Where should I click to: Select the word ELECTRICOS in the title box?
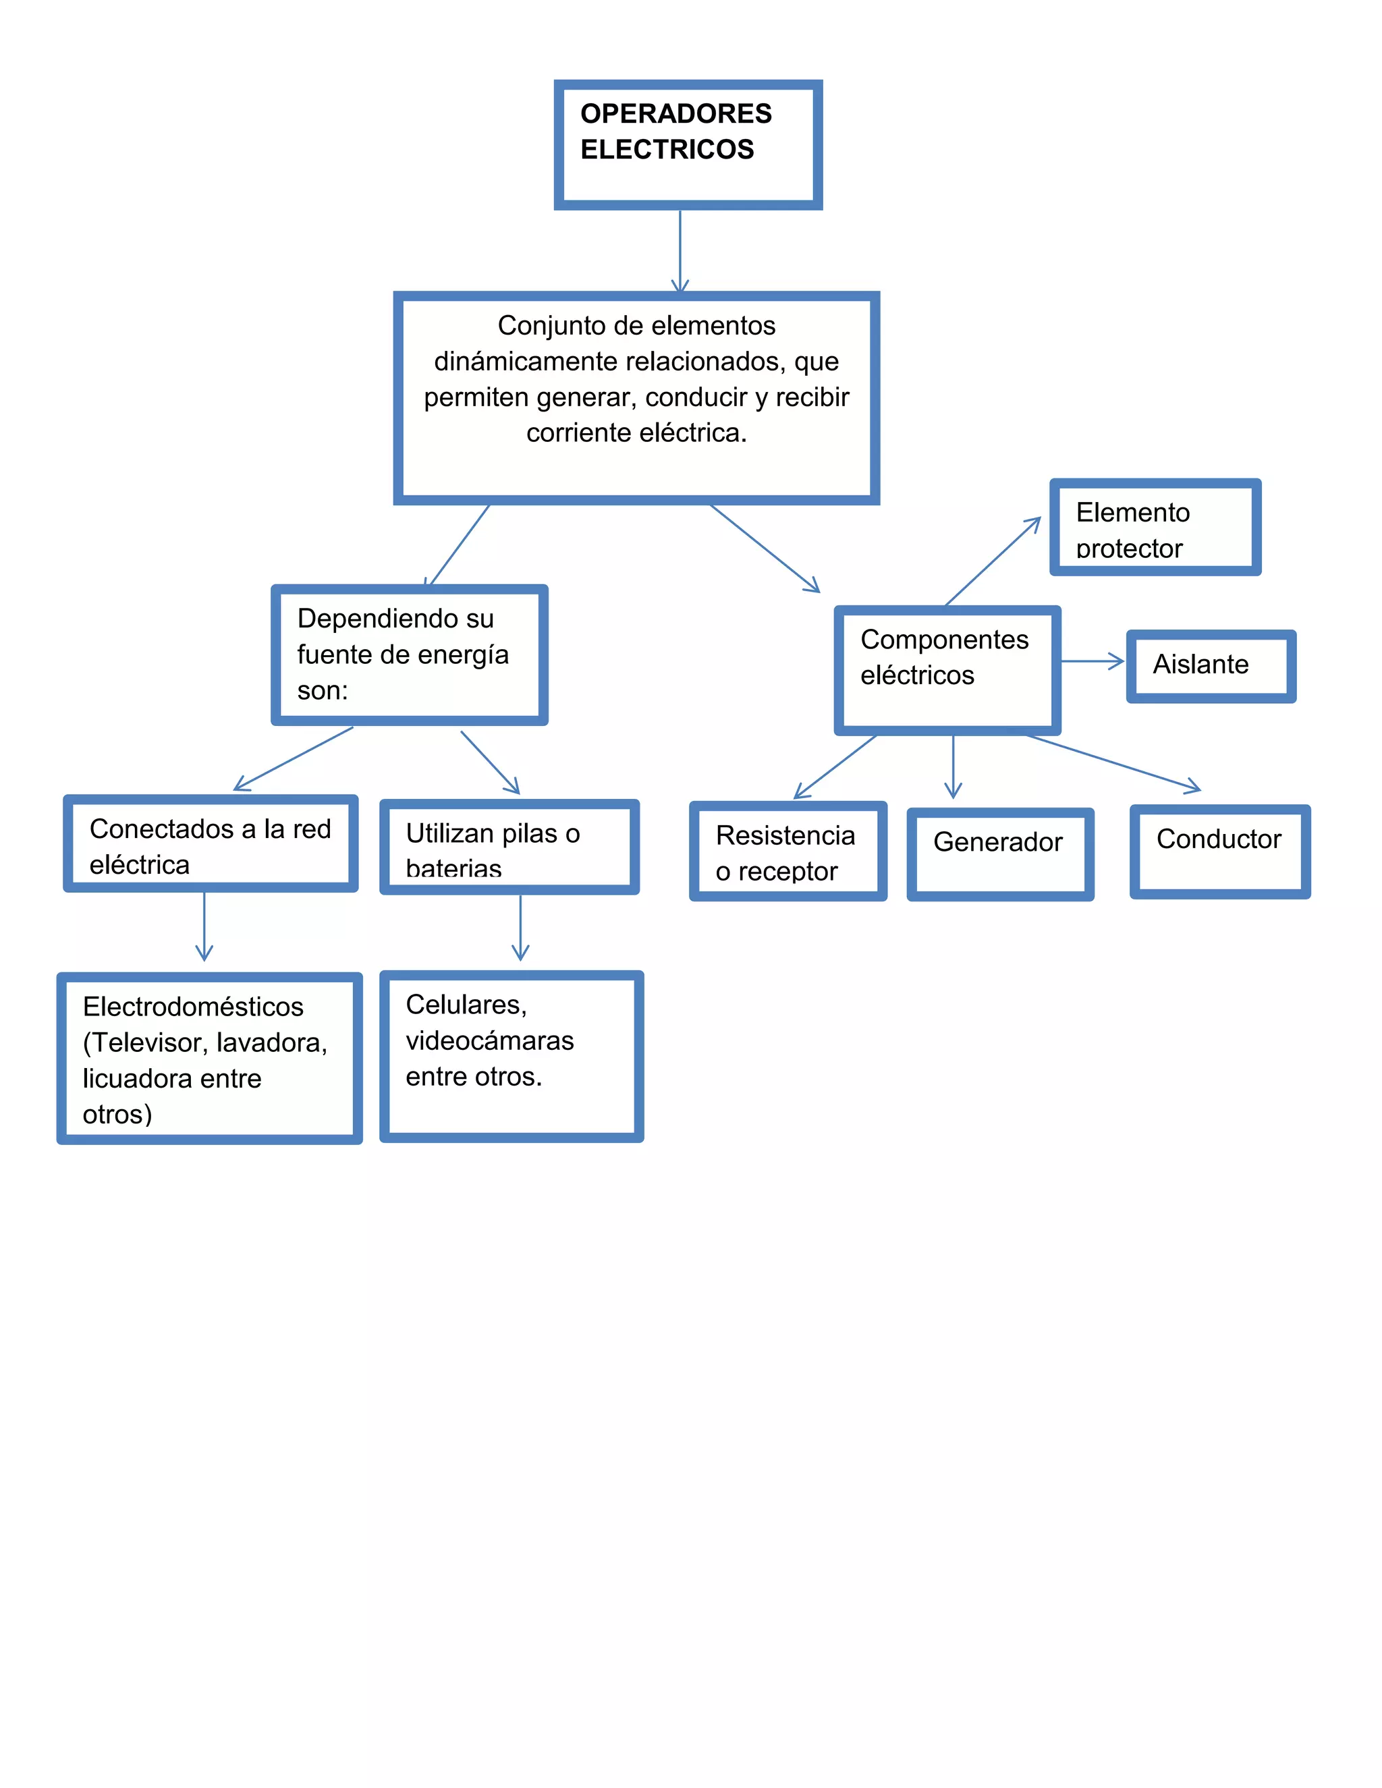pyautogui.click(x=667, y=149)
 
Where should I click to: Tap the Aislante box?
pyautogui.click(x=1210, y=665)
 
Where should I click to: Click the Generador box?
pyautogui.click(x=999, y=854)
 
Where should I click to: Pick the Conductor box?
pyautogui.click(x=1219, y=851)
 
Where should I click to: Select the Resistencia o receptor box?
pyautogui.click(x=787, y=851)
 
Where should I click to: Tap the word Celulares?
pyautogui.click(x=466, y=1004)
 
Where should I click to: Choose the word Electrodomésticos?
pyautogui.click(x=193, y=1006)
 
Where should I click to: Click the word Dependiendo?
pyautogui.click(x=395, y=618)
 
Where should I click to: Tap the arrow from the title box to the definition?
pyautogui.click(x=680, y=250)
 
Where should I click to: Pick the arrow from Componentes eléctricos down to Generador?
pyautogui.click(x=953, y=766)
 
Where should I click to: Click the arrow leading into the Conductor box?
pyautogui.click(x=1113, y=763)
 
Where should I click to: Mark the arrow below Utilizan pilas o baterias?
pyautogui.click(x=520, y=927)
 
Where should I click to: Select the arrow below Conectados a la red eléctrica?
pyautogui.click(x=204, y=925)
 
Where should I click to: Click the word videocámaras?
pyautogui.click(x=490, y=1040)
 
